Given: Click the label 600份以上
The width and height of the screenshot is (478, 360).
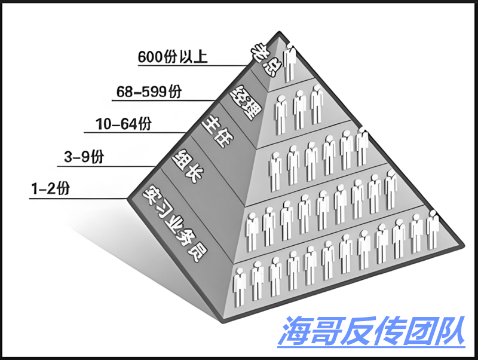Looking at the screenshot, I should coord(174,57).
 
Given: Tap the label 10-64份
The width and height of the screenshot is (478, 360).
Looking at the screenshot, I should coord(124,125).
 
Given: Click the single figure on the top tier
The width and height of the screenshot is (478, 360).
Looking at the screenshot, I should coord(291,63).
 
